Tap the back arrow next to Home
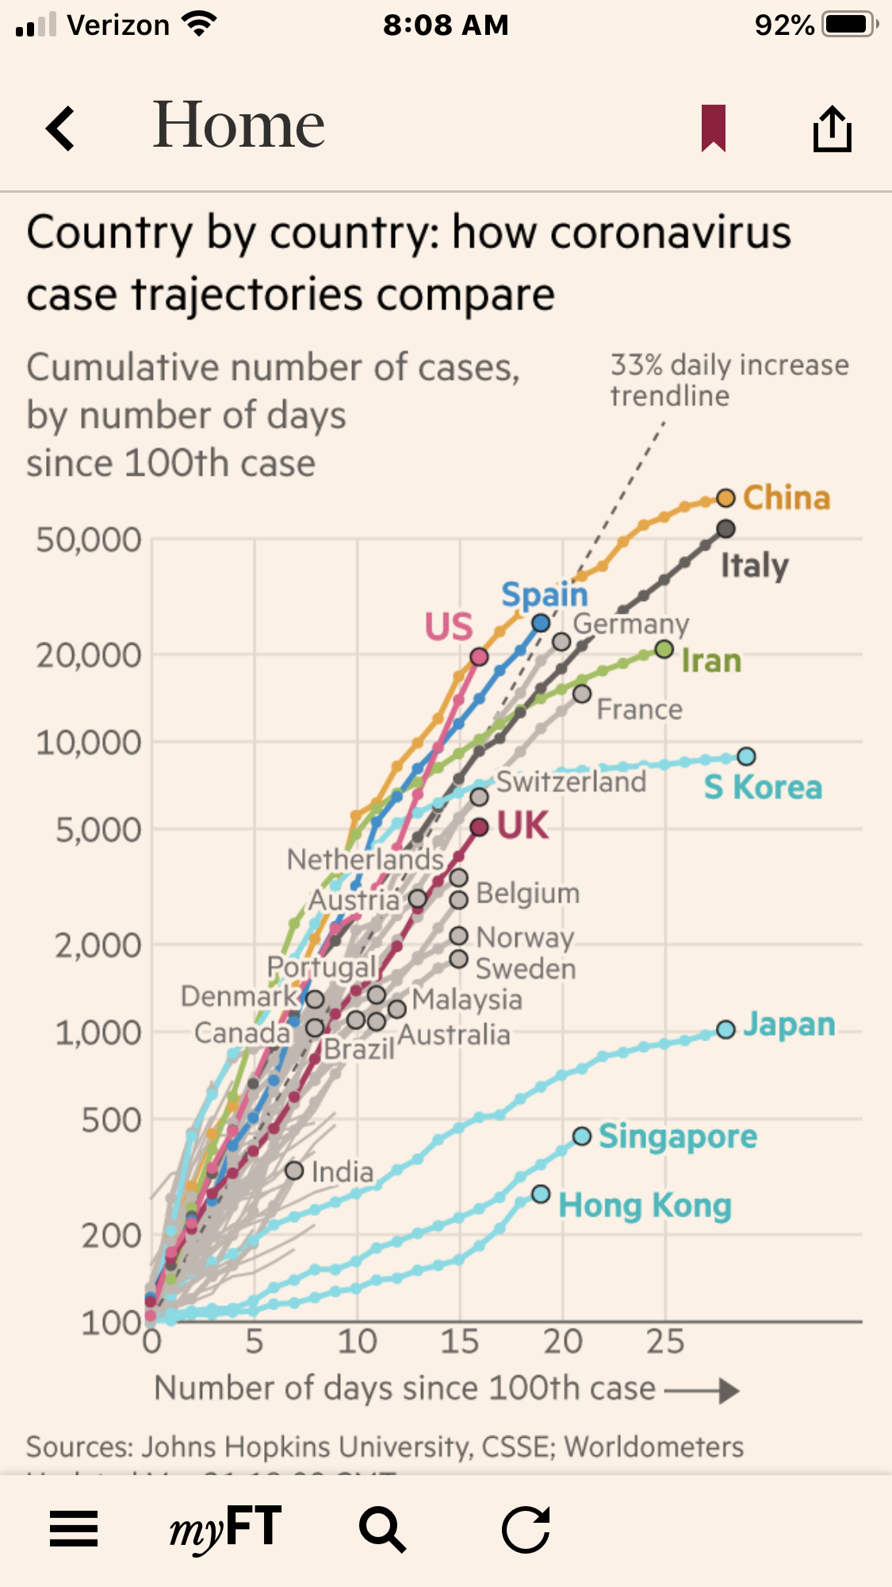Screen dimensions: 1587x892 point(60,128)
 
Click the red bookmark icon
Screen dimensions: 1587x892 point(714,128)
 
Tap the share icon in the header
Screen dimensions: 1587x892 point(832,128)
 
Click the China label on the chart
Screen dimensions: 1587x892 point(786,498)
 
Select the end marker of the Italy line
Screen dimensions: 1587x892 point(725,529)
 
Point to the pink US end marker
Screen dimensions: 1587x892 point(479,657)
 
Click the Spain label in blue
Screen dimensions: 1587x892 point(544,595)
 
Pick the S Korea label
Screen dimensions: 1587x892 point(763,788)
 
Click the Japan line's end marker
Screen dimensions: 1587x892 point(725,1029)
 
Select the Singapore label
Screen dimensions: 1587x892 point(677,1137)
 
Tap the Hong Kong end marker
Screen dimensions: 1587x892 point(541,1194)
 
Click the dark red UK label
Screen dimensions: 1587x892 point(523,826)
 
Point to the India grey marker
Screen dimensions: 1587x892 point(294,1171)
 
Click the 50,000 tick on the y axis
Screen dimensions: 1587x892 point(88,540)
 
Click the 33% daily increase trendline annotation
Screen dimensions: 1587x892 point(729,380)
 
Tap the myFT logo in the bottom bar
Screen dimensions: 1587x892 point(226,1528)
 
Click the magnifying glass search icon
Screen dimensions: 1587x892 point(383,1528)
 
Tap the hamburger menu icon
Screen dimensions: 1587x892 point(74,1528)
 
